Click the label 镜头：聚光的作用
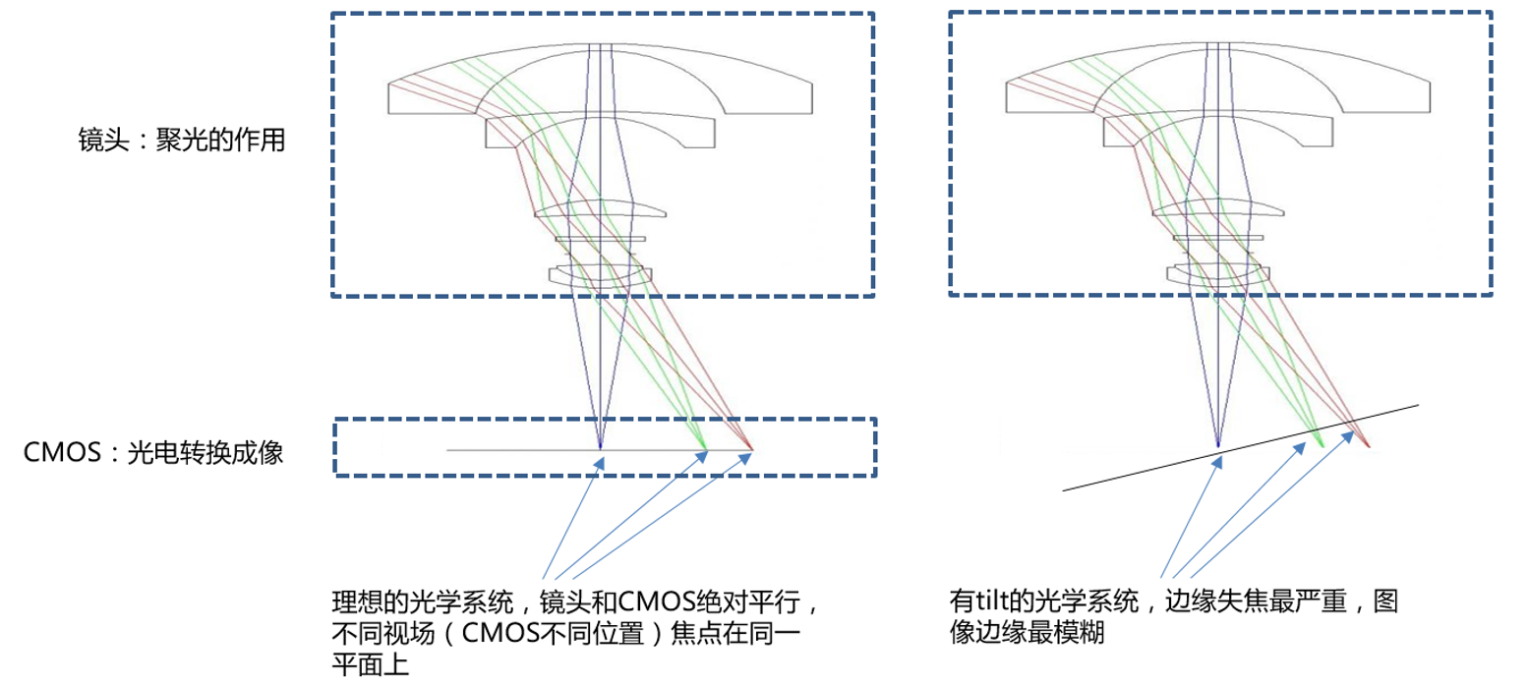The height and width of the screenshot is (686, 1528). pos(183,141)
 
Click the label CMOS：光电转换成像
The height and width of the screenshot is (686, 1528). pos(153,453)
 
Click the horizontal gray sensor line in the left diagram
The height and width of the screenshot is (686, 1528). pos(511,450)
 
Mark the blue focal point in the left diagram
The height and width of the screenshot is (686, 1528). pos(600,449)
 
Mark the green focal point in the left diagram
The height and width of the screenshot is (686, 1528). pos(706,451)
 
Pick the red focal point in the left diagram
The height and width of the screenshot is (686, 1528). pos(751,449)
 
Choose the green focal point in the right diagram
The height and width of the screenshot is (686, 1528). pos(1322,444)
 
